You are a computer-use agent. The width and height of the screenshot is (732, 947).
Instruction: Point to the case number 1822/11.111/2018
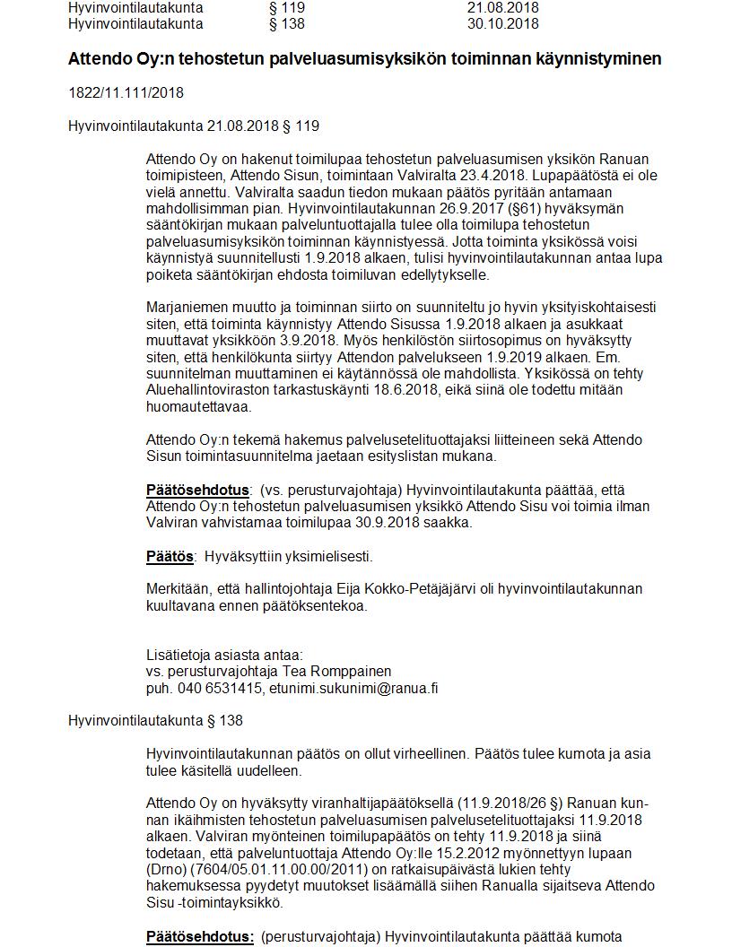point(126,92)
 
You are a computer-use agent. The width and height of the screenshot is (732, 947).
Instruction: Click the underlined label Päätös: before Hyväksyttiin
point(170,556)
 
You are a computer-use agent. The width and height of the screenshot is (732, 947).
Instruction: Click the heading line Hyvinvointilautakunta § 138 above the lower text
point(155,721)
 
